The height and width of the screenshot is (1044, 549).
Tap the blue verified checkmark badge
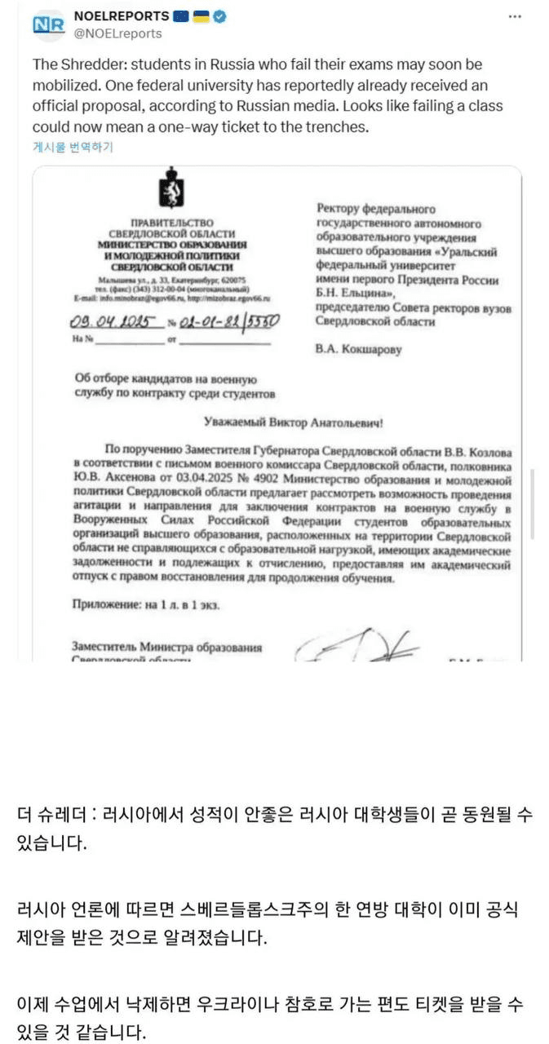click(x=220, y=16)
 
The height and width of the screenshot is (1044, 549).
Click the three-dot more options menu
click(x=515, y=16)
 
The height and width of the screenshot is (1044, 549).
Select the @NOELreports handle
click(x=117, y=33)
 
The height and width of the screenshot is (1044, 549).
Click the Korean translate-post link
click(x=73, y=147)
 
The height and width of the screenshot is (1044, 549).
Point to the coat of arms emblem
click(x=172, y=188)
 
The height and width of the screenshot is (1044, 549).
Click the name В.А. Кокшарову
click(x=358, y=350)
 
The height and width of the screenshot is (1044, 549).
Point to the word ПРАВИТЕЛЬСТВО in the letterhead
click(x=171, y=222)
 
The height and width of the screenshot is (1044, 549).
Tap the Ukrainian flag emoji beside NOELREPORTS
click(x=201, y=16)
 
